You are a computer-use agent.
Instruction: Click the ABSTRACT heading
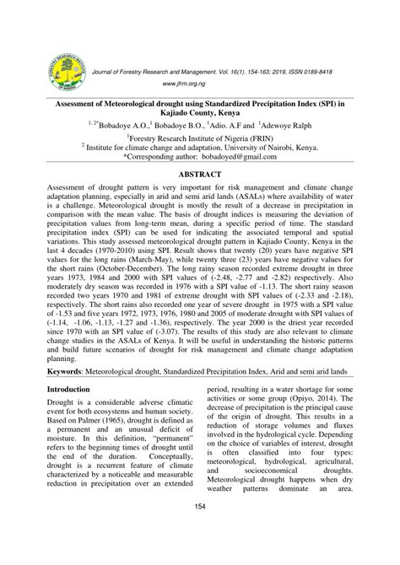click(199, 175)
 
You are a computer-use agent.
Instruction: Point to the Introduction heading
click(68, 390)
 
